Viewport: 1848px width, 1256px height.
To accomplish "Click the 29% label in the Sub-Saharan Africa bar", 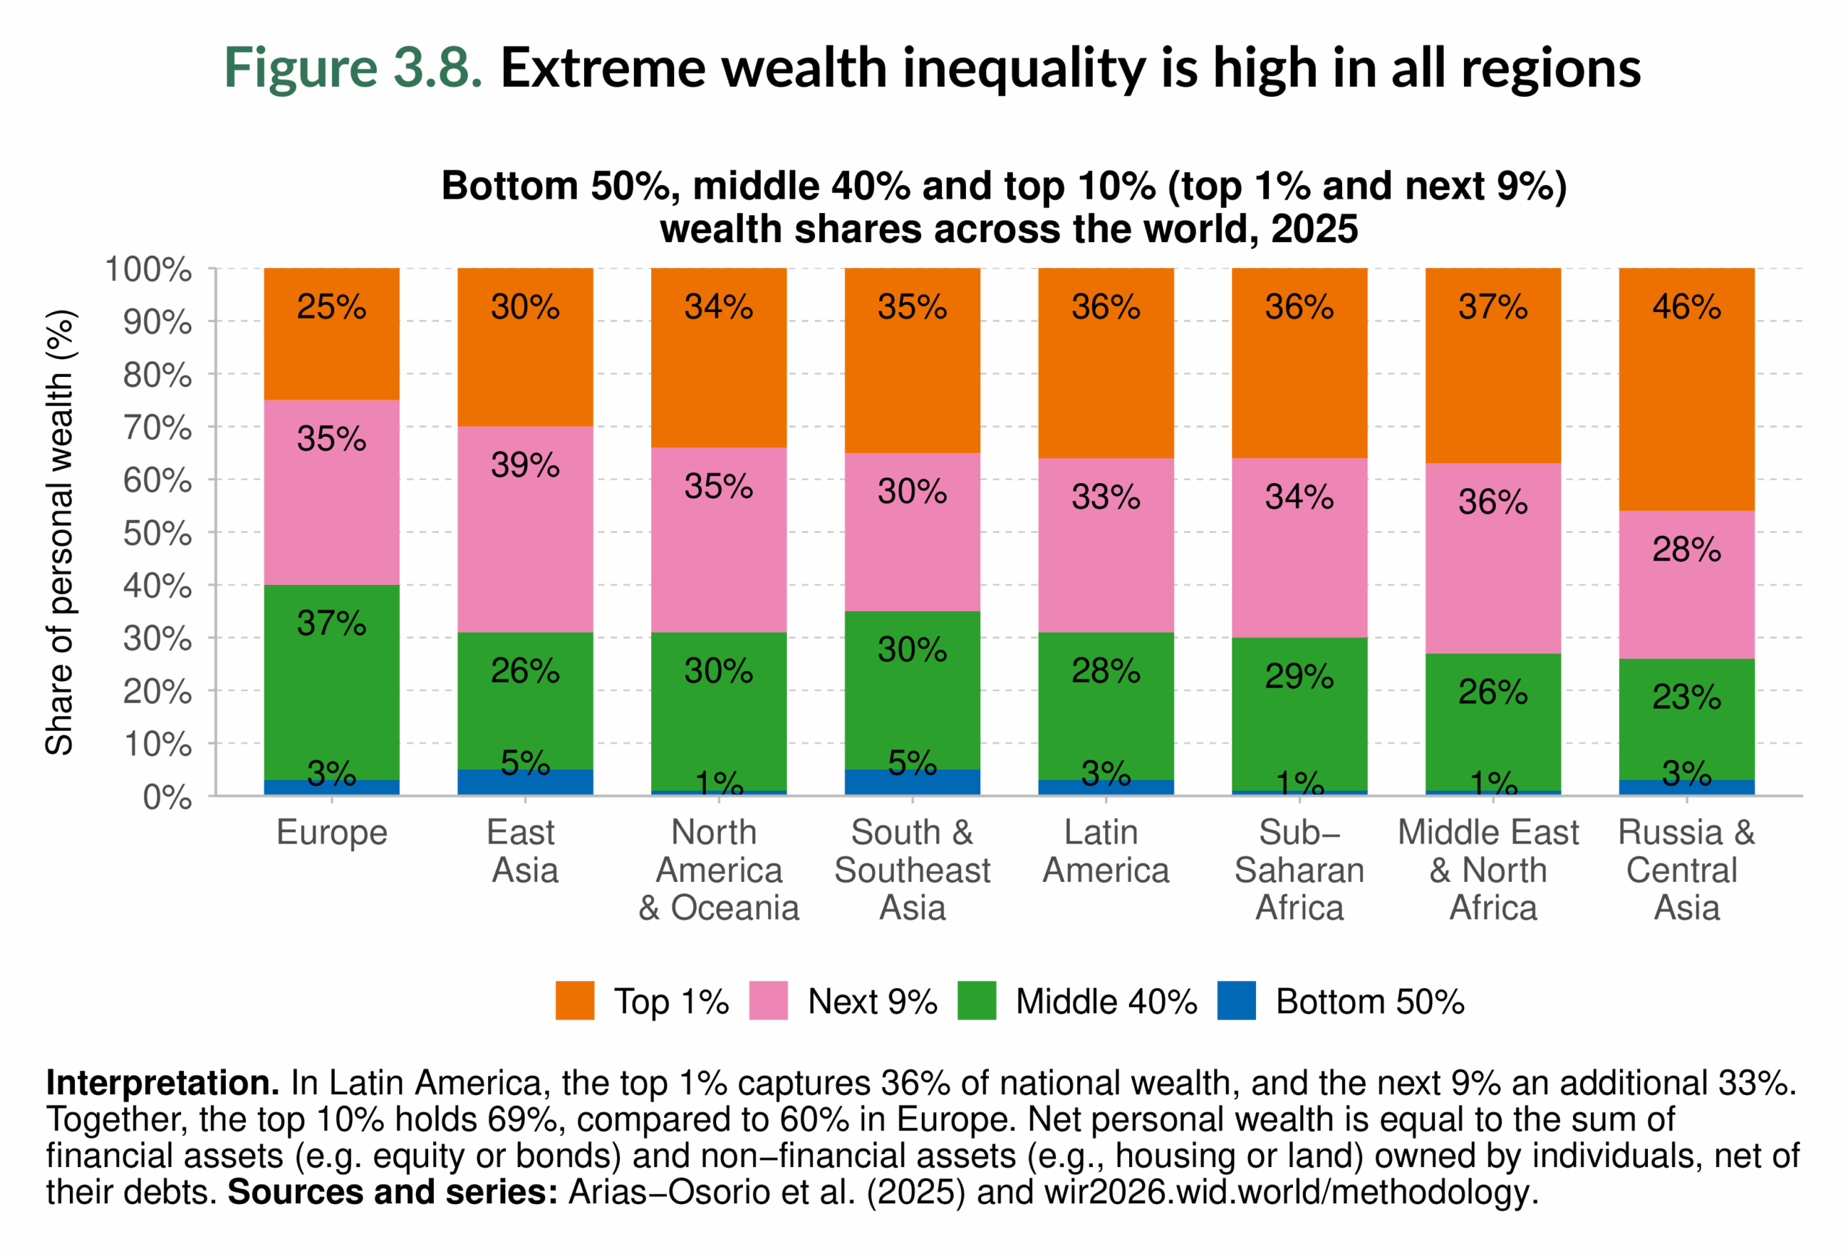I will tap(1299, 677).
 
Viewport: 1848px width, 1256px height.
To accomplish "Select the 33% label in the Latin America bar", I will tap(1105, 497).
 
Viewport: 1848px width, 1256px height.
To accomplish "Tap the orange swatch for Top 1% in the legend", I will tap(575, 1000).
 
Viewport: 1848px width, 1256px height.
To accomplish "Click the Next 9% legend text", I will tap(872, 1002).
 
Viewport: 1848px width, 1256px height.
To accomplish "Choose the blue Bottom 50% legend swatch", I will tap(1237, 1000).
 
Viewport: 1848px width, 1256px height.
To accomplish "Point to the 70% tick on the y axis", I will tap(157, 428).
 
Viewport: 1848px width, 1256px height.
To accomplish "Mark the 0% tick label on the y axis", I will tap(167, 797).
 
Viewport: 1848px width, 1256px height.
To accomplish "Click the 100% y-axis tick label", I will tap(149, 269).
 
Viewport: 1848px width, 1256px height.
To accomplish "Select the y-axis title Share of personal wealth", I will tap(60, 532).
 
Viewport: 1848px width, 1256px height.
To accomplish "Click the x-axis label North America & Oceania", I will tap(719, 870).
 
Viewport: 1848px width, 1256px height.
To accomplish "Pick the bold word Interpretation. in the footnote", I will tap(162, 1083).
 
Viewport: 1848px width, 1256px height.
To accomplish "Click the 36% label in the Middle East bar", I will tap(1493, 502).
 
